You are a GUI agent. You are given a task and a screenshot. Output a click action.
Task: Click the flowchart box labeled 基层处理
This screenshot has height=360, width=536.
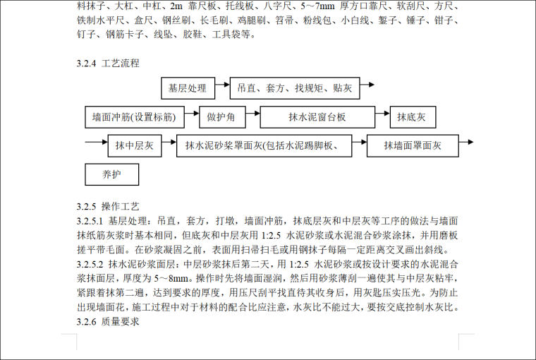click(x=187, y=89)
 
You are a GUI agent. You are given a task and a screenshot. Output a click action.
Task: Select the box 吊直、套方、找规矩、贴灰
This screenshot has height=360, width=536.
click(x=295, y=89)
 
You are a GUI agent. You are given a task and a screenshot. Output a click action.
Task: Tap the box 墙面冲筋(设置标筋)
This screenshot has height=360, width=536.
click(x=134, y=117)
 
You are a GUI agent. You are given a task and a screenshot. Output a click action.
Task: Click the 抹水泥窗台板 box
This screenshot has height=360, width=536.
click(x=317, y=117)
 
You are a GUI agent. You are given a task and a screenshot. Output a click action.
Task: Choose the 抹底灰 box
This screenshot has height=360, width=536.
click(x=412, y=117)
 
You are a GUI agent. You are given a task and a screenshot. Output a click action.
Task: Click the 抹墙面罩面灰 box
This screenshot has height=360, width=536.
click(x=412, y=146)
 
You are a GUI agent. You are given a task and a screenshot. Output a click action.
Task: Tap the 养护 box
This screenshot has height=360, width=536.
click(x=111, y=174)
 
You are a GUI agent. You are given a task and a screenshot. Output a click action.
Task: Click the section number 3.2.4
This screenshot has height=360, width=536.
click(x=87, y=63)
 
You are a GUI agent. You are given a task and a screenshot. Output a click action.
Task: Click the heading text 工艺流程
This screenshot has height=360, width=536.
click(x=121, y=63)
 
